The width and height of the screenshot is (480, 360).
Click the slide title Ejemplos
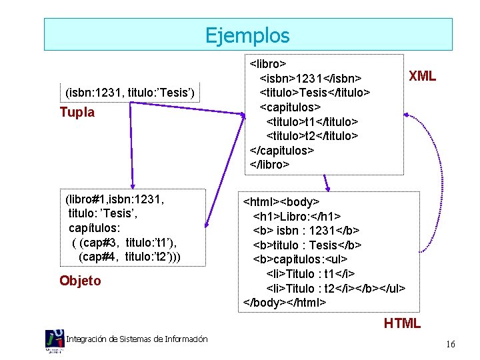247,35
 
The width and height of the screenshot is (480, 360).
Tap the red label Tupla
77,112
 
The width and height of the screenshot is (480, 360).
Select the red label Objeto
80,281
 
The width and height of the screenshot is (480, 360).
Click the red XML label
422,76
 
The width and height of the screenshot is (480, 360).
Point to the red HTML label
402,323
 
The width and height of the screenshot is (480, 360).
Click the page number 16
451,345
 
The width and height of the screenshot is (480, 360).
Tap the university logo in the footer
55,340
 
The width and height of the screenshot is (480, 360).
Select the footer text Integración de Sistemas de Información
137,339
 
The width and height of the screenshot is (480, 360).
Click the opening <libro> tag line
268,64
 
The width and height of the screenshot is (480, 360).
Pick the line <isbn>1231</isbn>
310,78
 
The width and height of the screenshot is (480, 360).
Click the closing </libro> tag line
269,164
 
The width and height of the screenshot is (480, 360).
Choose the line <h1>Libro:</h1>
297,216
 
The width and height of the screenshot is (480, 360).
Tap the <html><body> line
281,201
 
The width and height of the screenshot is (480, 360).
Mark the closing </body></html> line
285,302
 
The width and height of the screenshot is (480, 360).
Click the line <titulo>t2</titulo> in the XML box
312,135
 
